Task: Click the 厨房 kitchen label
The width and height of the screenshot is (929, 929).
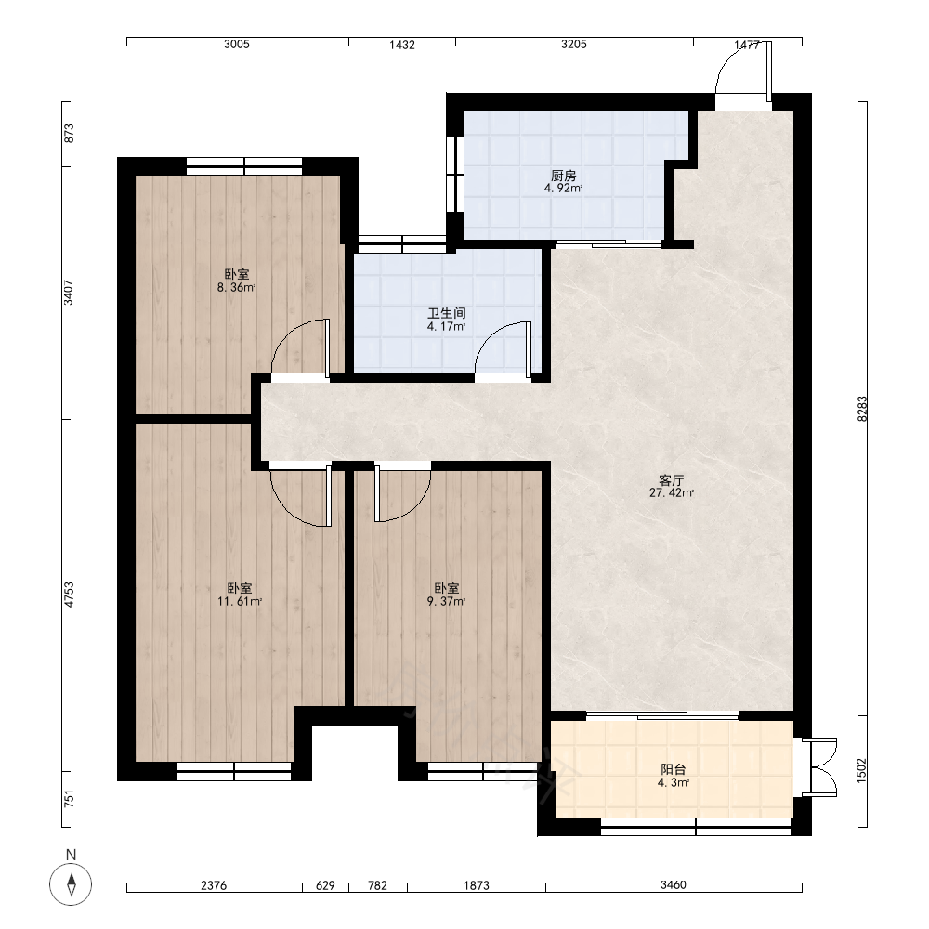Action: click(x=564, y=176)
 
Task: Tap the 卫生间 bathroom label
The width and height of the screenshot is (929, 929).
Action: click(x=447, y=313)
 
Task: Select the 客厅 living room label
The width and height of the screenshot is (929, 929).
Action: click(x=672, y=480)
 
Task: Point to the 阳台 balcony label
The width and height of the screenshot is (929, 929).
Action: click(x=673, y=769)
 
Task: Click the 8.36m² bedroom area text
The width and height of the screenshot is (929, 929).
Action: click(x=236, y=288)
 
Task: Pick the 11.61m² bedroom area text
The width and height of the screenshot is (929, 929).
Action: click(x=240, y=602)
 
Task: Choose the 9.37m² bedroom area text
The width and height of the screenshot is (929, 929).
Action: click(x=446, y=602)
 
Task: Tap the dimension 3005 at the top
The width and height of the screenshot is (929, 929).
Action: click(x=236, y=45)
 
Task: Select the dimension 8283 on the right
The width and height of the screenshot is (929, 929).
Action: click(x=862, y=409)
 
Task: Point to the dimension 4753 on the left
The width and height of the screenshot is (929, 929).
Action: click(x=70, y=595)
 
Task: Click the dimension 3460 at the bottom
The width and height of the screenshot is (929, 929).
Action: click(x=673, y=885)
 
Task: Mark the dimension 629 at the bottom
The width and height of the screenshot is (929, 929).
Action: click(x=325, y=885)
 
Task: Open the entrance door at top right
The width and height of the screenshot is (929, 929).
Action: click(x=743, y=68)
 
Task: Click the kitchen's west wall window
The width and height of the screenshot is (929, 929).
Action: click(x=455, y=175)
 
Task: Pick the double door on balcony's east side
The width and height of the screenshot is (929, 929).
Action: click(x=819, y=767)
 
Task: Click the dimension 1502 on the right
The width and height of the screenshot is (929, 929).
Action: click(x=861, y=770)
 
